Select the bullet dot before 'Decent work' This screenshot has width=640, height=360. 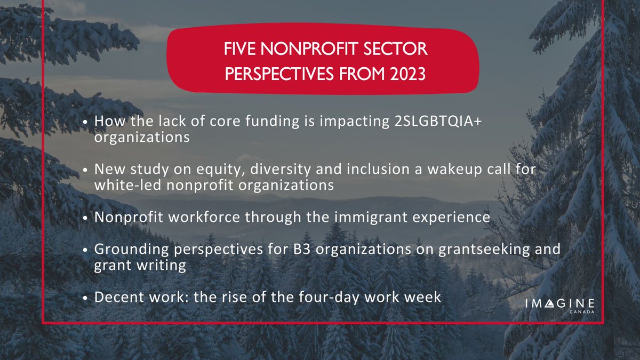pyautogui.click(x=86, y=297)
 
